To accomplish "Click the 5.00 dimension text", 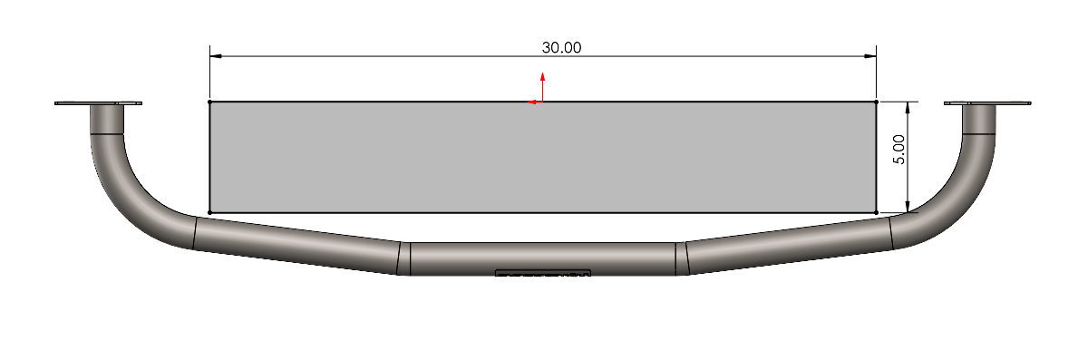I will coord(898,149).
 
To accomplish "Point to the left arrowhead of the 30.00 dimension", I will coord(217,56).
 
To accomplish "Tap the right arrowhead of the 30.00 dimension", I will coord(869,56).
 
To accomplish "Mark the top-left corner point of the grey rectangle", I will coord(210,102).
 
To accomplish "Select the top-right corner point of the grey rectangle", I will coord(877,102).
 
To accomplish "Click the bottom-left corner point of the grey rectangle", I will coord(210,213).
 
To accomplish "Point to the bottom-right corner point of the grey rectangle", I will coord(877,213).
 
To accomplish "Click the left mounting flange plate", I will coord(98,103).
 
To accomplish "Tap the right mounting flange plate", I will coord(987,103).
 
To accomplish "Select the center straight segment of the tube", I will coord(542,258).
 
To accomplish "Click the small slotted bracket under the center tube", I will coord(542,272).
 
